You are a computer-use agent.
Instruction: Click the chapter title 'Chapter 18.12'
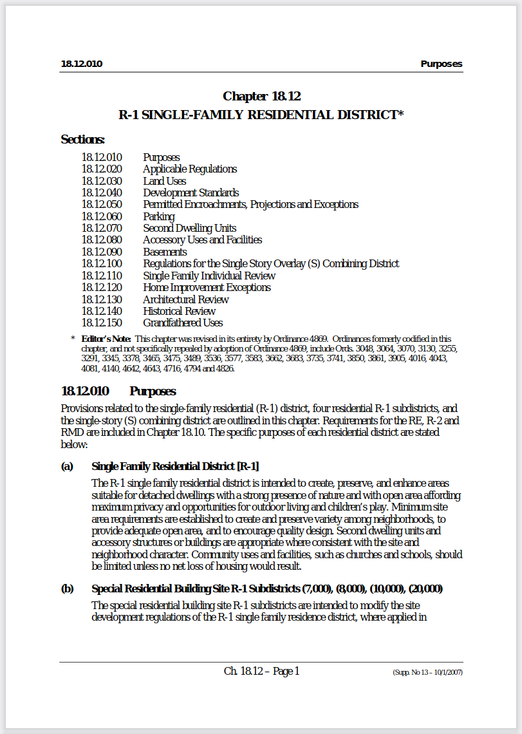point(261,97)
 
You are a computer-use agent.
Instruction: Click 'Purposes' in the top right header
point(441,64)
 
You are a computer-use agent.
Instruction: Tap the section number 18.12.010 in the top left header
point(82,64)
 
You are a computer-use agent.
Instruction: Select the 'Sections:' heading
point(82,139)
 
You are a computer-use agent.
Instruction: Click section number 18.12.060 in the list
point(102,216)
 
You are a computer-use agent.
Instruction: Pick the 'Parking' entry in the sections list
point(158,216)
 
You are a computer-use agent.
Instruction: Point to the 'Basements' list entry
point(165,252)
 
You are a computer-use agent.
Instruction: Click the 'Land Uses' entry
point(164,181)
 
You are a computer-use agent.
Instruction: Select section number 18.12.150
point(102,323)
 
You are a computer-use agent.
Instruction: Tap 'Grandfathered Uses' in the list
point(183,323)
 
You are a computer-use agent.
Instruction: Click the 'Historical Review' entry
point(179,311)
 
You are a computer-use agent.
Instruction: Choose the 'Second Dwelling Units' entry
point(189,228)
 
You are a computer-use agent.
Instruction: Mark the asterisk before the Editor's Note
point(73,339)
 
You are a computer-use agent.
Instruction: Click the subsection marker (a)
point(67,466)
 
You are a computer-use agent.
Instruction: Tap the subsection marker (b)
point(67,588)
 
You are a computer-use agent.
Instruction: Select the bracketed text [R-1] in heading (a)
point(248,466)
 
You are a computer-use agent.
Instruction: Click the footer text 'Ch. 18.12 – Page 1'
point(261,671)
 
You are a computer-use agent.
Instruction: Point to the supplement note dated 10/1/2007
point(427,672)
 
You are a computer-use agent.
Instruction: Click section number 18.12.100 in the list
point(102,263)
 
